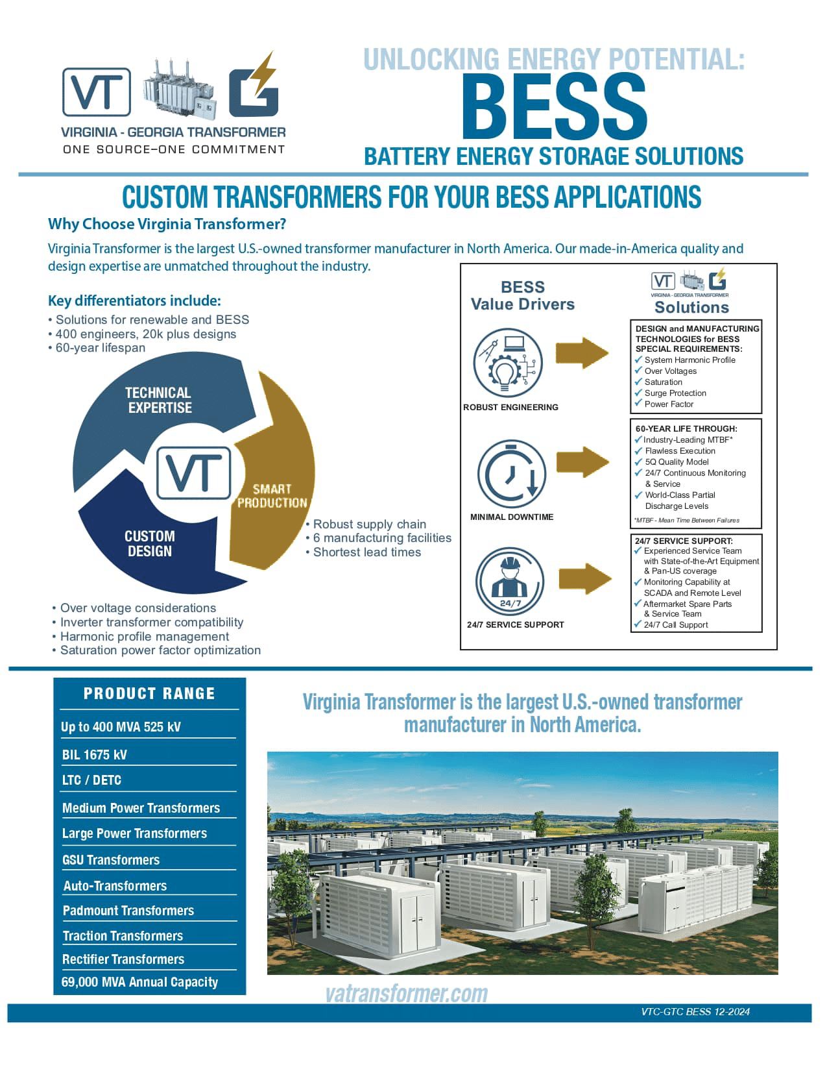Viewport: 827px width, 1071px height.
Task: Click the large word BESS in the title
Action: click(x=554, y=107)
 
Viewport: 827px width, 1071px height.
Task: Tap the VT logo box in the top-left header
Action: click(x=97, y=92)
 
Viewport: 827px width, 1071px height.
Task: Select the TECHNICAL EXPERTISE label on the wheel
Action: click(x=159, y=400)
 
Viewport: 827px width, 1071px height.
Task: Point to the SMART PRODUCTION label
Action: click(x=272, y=496)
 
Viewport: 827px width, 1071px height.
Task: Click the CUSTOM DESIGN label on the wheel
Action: click(x=150, y=543)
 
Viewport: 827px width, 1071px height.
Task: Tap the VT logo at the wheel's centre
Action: click(x=193, y=472)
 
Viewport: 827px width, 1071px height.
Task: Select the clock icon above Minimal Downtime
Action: click(x=512, y=473)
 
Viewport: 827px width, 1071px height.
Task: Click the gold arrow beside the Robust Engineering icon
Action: click(x=582, y=353)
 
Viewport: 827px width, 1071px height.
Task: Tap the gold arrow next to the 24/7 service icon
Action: click(x=584, y=578)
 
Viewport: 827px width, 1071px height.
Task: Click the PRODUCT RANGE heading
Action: click(x=149, y=693)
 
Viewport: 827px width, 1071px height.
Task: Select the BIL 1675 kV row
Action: click(x=95, y=755)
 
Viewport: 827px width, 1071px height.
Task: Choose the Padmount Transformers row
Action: click(x=128, y=911)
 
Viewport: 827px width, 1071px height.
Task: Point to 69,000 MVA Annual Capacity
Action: click(x=139, y=982)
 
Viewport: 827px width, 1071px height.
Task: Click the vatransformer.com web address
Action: click(x=407, y=993)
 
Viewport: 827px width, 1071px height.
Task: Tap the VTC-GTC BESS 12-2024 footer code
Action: click(x=695, y=1011)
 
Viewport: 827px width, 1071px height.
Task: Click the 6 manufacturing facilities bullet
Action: click(x=382, y=538)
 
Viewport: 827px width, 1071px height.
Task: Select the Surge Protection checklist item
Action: click(x=675, y=393)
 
